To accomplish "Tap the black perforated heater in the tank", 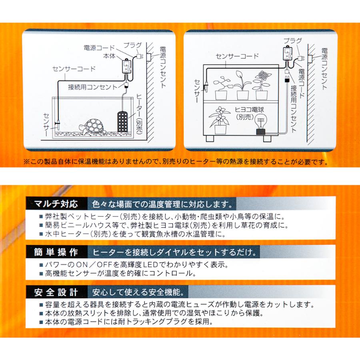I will coord(122,122).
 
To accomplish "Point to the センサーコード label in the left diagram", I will coord(74,69).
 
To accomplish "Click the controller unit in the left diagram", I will coord(127,68).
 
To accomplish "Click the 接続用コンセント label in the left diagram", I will coord(92,86).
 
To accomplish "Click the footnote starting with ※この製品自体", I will coord(176,162).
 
